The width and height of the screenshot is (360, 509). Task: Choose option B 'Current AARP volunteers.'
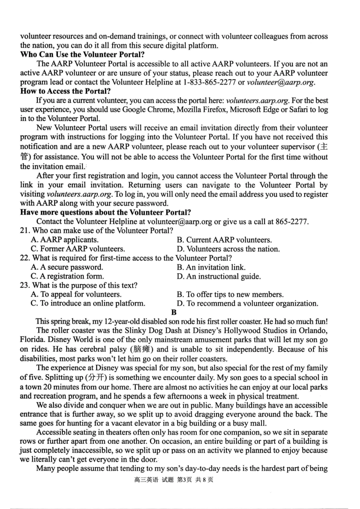tap(224, 240)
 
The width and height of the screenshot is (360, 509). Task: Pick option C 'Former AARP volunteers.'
tap(78, 249)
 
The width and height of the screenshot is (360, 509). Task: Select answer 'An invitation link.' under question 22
tap(211, 267)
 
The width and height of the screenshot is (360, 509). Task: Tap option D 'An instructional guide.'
tap(219, 276)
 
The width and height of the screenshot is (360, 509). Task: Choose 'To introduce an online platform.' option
tap(88, 303)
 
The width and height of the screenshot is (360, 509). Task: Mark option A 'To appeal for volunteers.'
tap(76, 295)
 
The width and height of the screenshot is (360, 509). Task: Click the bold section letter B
tap(174, 312)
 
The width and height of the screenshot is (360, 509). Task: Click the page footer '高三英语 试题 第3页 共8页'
tap(174, 480)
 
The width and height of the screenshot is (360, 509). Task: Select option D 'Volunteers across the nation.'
tap(228, 249)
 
